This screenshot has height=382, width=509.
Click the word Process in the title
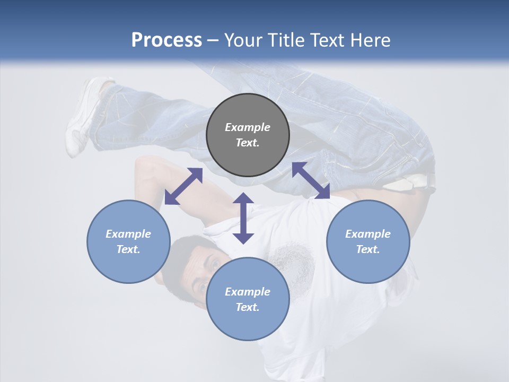point(166,40)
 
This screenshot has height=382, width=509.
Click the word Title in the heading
point(286,40)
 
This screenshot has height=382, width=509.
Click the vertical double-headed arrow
point(243,218)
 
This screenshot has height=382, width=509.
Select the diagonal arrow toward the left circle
point(183,186)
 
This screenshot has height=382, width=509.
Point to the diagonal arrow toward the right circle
point(311,180)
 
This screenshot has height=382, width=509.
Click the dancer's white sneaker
point(85,114)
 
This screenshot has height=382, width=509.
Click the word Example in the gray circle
point(248,127)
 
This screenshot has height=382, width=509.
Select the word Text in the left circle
point(128,249)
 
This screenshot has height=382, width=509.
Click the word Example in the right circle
point(367,234)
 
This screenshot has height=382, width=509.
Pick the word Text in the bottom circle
point(248,307)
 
